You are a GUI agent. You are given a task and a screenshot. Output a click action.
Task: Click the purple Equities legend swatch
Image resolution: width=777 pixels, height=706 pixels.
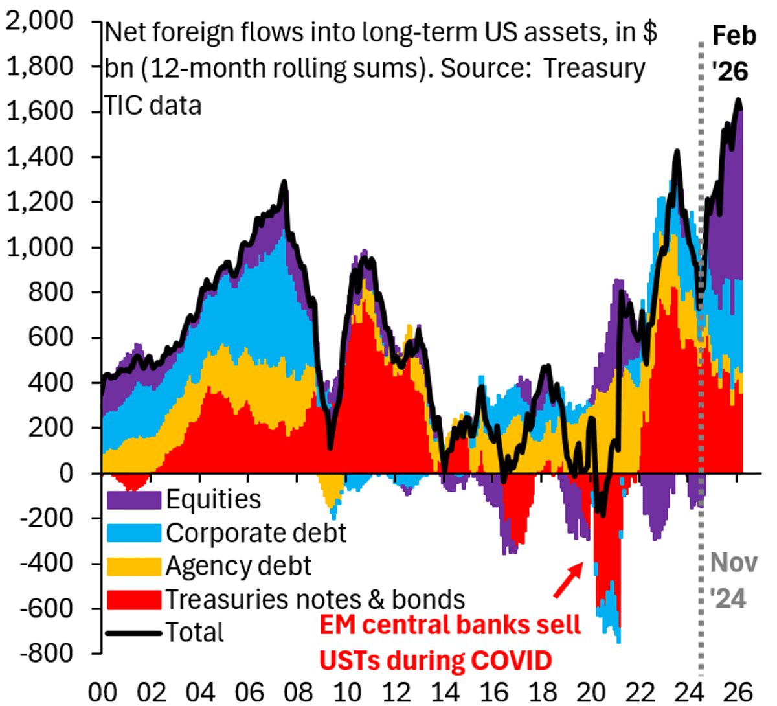[x=133, y=499]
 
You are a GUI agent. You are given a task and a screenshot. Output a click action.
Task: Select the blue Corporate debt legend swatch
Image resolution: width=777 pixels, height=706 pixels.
[x=133, y=533]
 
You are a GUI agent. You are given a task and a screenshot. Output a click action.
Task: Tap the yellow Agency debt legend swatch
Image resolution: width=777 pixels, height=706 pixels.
[x=133, y=566]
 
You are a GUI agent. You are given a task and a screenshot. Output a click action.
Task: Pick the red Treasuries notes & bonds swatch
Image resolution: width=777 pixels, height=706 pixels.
[x=133, y=600]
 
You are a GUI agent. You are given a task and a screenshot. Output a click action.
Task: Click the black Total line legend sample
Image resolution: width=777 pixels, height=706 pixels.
[x=133, y=633]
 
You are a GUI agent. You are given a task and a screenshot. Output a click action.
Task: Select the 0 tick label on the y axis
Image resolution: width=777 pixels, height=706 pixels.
[x=67, y=473]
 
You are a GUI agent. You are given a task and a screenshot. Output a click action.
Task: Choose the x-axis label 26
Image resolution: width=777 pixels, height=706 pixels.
[x=738, y=692]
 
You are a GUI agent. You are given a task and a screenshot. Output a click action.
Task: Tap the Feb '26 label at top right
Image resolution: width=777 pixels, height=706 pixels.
[x=734, y=54]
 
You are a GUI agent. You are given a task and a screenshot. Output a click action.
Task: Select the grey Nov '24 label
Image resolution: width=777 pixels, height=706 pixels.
[x=733, y=580]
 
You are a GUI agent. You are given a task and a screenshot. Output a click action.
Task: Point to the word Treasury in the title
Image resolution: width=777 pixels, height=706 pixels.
[x=594, y=69]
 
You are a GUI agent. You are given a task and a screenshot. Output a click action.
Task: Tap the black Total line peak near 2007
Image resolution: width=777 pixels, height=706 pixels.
[x=284, y=182]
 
